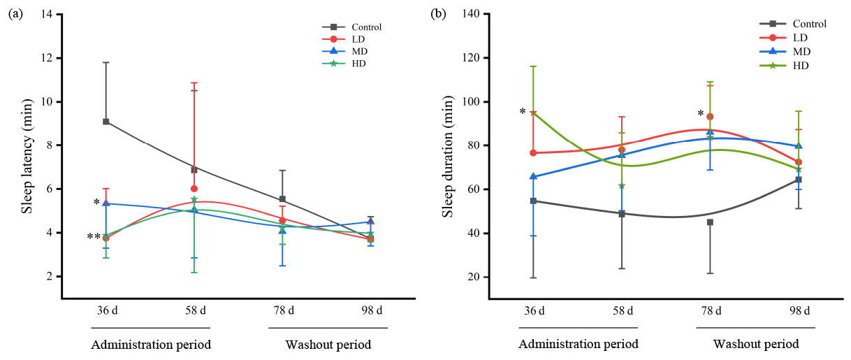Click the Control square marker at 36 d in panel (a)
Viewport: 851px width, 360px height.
(x=106, y=122)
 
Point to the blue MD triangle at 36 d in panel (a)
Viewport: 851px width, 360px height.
(x=106, y=203)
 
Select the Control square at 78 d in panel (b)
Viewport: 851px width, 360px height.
(x=710, y=222)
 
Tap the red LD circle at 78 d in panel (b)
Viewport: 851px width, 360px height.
(x=710, y=117)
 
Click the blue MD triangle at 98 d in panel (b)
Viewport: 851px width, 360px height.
(x=799, y=145)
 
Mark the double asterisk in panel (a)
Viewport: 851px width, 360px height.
(x=94, y=237)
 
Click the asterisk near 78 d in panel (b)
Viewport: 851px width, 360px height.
(x=700, y=114)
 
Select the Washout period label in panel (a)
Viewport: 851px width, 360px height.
(x=328, y=345)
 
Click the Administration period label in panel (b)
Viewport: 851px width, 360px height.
(x=578, y=345)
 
